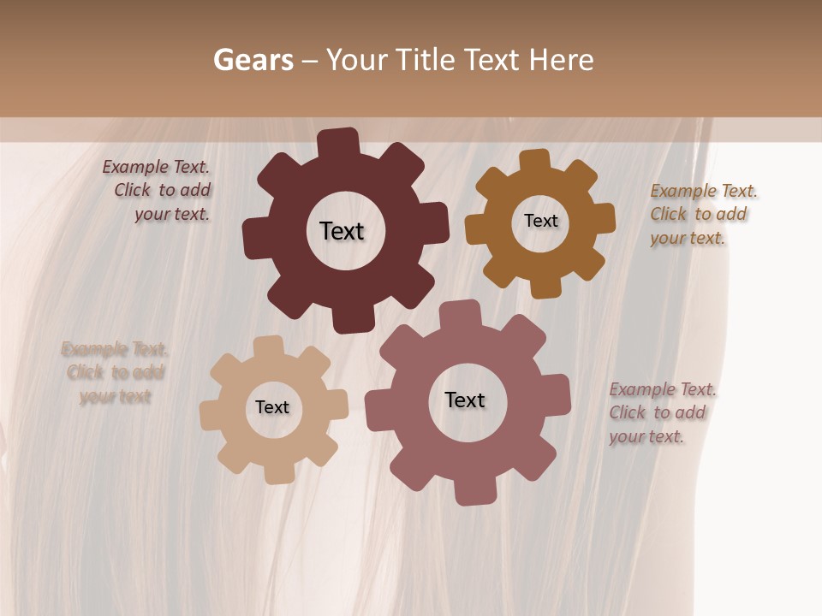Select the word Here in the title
click(561, 60)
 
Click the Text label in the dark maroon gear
click(342, 231)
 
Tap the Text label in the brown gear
click(540, 221)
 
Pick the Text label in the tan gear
click(272, 407)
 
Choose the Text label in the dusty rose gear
click(465, 400)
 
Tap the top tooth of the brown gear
click(535, 160)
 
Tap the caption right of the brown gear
click(702, 214)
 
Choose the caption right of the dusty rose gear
click(661, 413)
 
